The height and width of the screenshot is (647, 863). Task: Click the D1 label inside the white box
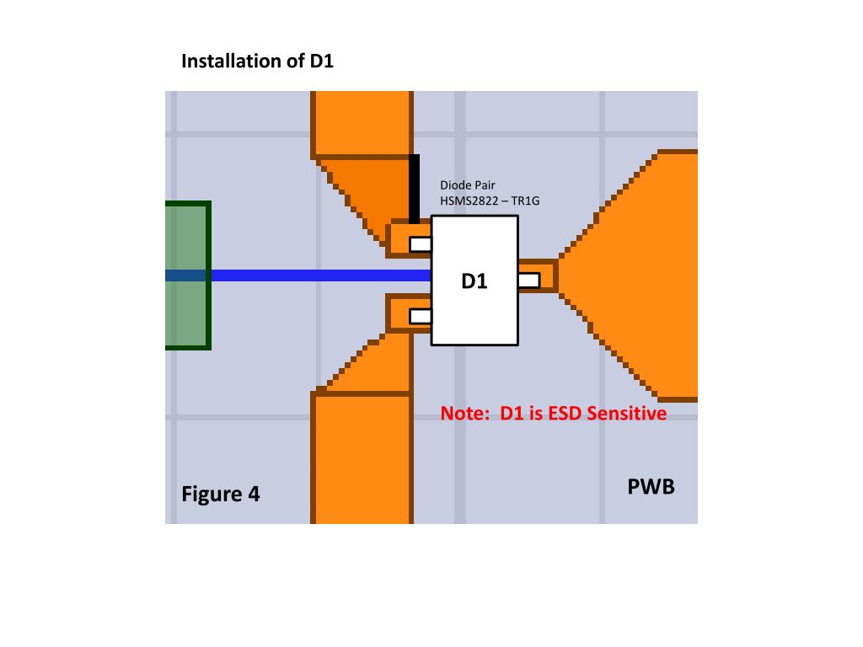(474, 281)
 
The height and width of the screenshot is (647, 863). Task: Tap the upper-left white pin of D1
(421, 244)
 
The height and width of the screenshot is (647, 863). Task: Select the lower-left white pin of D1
(421, 317)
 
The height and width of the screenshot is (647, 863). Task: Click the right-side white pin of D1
(528, 281)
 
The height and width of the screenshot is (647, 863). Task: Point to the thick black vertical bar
(414, 188)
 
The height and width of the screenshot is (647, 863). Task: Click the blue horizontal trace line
(320, 275)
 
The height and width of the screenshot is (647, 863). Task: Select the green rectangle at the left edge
(187, 275)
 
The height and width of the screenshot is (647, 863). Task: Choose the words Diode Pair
(468, 185)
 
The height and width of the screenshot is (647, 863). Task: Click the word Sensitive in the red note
(626, 414)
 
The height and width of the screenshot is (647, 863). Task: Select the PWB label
(651, 487)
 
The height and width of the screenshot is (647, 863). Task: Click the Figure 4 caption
(221, 494)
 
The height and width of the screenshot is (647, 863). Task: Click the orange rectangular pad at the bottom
(362, 459)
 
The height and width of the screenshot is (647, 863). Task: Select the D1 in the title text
(322, 61)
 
